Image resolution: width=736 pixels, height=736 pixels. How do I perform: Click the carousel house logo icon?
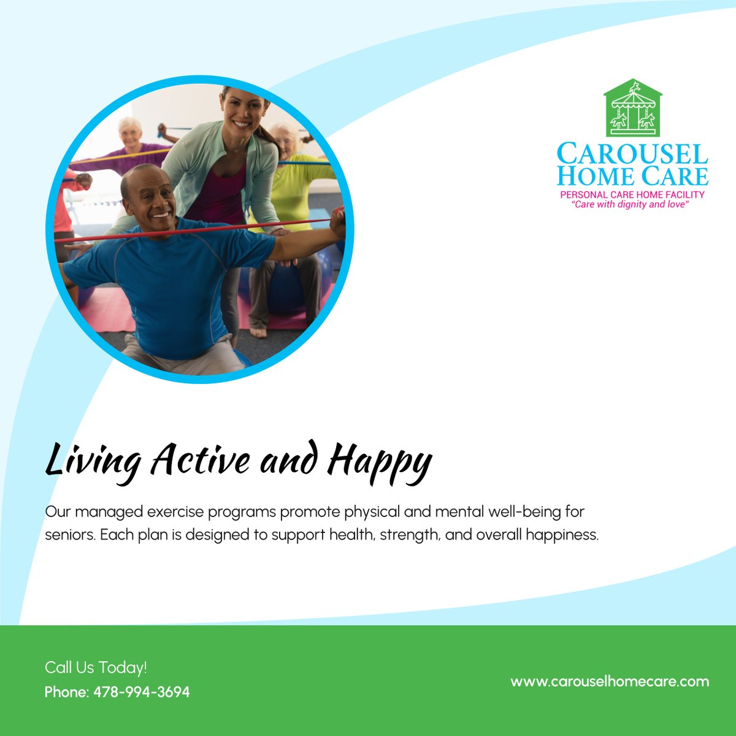click(633, 109)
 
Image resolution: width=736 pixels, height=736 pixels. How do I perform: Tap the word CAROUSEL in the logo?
click(632, 154)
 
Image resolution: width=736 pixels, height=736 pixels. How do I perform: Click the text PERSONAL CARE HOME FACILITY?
click(632, 194)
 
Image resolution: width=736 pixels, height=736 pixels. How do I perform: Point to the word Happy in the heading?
click(380, 462)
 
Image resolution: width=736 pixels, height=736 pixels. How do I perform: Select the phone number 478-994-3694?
click(142, 692)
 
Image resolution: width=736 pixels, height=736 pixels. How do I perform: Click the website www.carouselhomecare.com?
click(610, 681)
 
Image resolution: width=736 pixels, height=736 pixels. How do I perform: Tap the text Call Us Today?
click(96, 667)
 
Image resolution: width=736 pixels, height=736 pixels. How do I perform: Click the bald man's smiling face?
click(149, 199)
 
